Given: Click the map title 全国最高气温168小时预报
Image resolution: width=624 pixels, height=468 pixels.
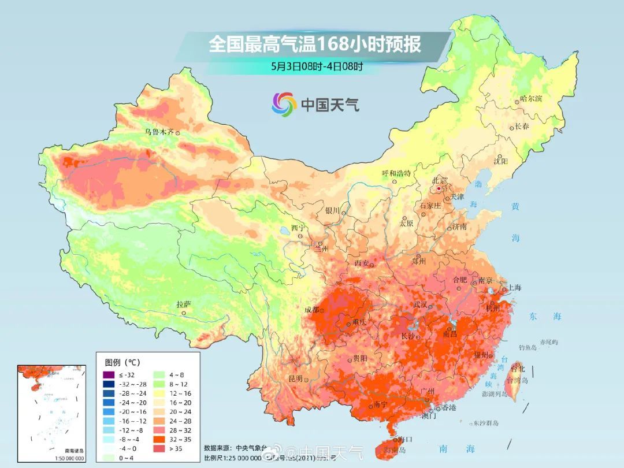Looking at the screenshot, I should click(315, 44).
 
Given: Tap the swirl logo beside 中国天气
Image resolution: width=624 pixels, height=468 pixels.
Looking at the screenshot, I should click(284, 104).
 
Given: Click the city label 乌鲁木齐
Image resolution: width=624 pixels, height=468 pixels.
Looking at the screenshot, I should click(159, 132).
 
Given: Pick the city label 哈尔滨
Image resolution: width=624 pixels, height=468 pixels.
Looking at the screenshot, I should click(531, 99).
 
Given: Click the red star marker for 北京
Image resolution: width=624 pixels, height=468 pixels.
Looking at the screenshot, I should click(439, 188).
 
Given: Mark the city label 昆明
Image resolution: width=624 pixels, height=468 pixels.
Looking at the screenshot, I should click(295, 378).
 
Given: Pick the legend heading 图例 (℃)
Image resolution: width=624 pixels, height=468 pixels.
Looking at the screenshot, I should click(122, 362).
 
